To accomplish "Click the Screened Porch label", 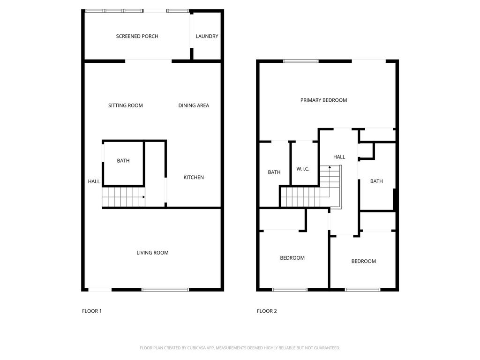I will point(137,36).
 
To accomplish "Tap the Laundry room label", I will point(207,36).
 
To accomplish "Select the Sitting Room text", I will point(125,105).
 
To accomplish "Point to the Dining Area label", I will point(194,105).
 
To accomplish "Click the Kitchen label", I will point(194,177).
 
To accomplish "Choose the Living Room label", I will point(152,253).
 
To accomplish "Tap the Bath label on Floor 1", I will point(123,161).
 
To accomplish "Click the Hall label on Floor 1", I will point(94,181).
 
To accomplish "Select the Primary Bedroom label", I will point(323,100).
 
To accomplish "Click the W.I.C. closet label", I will point(303,169).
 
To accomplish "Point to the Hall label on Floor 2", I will point(339,157).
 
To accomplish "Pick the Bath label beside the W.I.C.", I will point(274,172).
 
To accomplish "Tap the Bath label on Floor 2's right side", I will point(376,181).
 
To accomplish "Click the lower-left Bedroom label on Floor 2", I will point(292,258).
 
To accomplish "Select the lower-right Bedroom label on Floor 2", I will point(363,261).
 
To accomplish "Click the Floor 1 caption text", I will point(92,311).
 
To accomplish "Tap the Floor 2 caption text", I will point(267,311).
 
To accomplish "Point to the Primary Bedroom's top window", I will point(301,60).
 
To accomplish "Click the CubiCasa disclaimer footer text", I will point(240,348).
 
